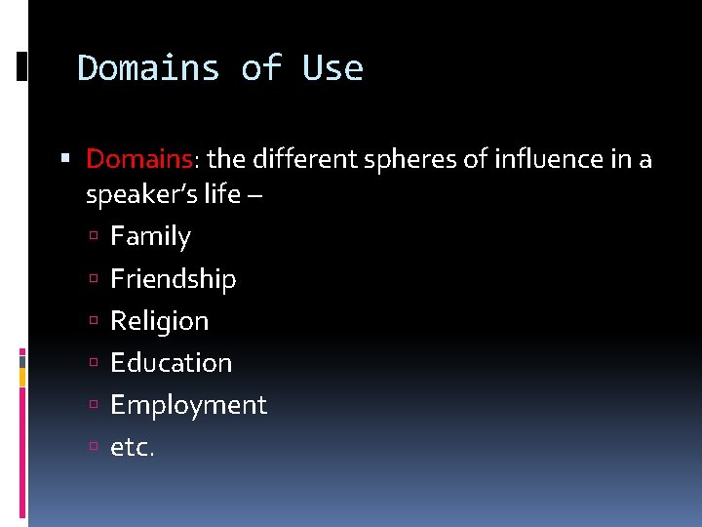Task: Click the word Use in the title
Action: coord(332,68)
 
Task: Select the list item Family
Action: coord(150,236)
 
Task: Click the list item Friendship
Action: coord(173,279)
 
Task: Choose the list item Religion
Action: coord(159,321)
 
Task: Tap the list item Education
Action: coord(171,363)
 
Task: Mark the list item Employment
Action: coord(188,405)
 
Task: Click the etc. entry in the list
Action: coord(133,448)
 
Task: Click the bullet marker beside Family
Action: coord(95,237)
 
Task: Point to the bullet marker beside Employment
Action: coord(95,406)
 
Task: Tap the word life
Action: coord(222,194)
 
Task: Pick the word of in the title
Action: coord(260,68)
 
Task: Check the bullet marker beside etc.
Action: coord(95,448)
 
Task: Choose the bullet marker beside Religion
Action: coord(95,321)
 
